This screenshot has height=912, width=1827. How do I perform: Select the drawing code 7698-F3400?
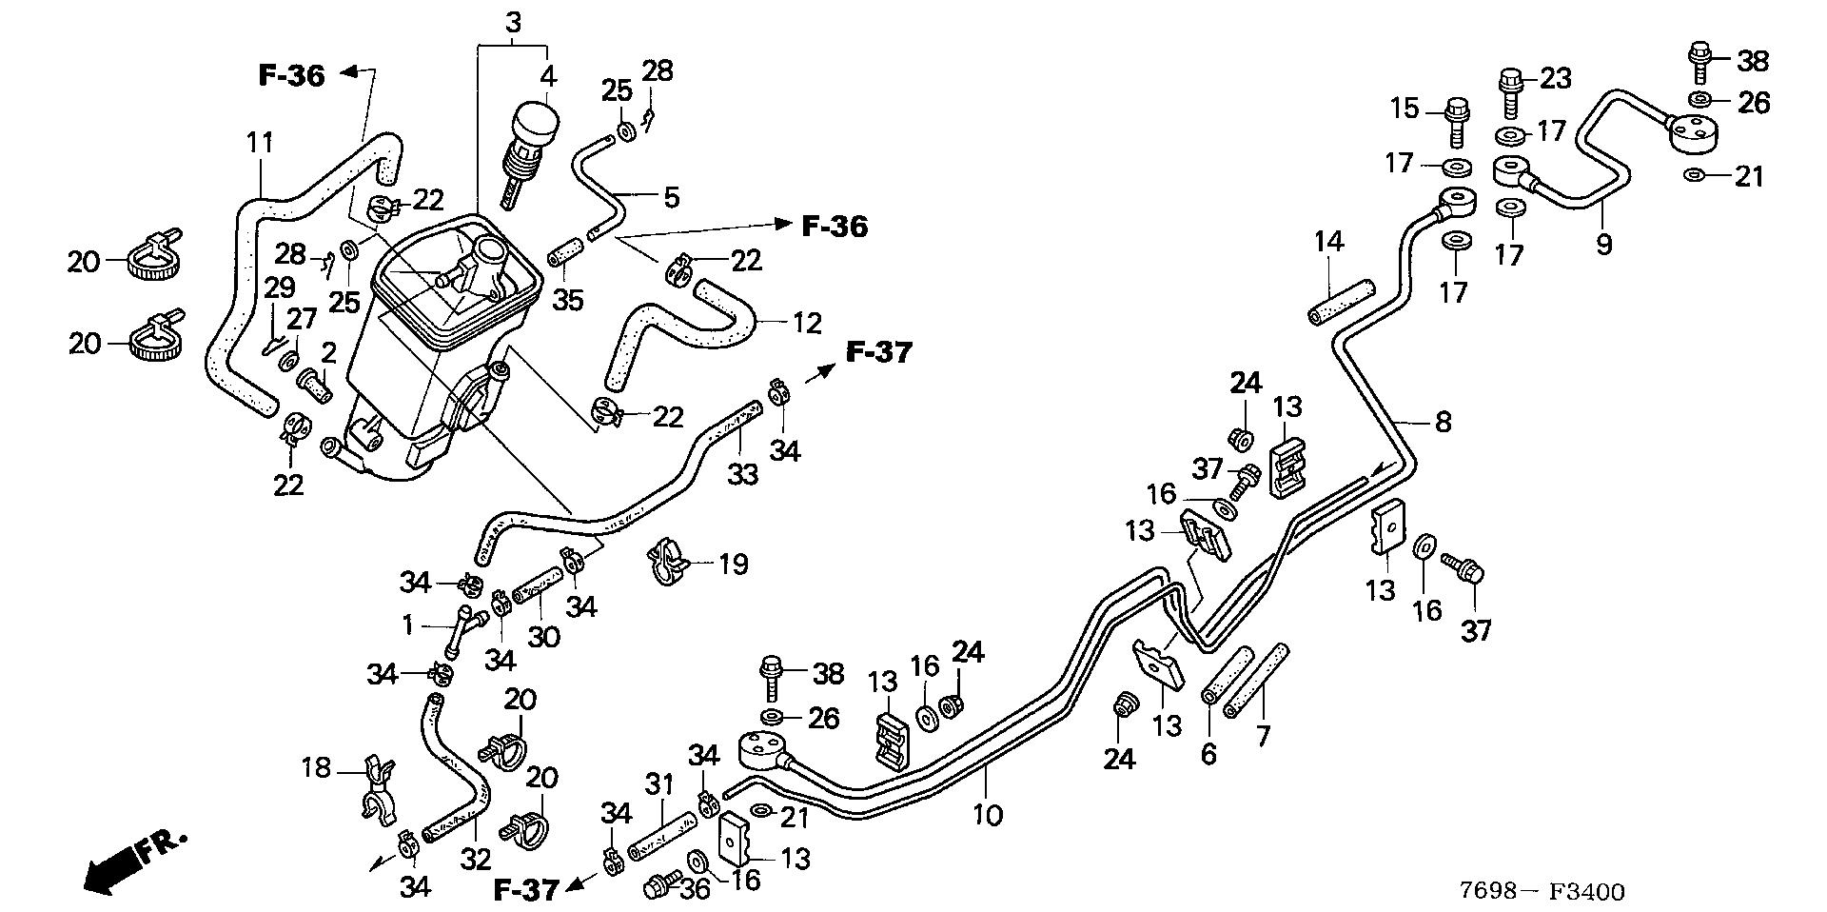(1542, 891)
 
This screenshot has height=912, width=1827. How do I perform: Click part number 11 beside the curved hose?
(260, 143)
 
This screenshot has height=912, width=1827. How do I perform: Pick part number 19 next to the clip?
(732, 564)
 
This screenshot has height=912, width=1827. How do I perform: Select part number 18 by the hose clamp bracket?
(317, 766)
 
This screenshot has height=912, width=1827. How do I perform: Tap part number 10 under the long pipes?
(989, 815)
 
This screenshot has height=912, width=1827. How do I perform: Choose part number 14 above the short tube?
(1328, 242)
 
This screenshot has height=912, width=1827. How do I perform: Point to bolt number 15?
(1457, 119)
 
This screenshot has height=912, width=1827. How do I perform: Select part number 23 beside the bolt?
(1555, 77)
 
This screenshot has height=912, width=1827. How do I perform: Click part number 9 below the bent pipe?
(1604, 245)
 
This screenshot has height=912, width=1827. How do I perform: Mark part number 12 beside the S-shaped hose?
(806, 324)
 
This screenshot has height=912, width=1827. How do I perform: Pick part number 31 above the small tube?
(659, 785)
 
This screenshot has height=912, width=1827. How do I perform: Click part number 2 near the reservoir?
(328, 353)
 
